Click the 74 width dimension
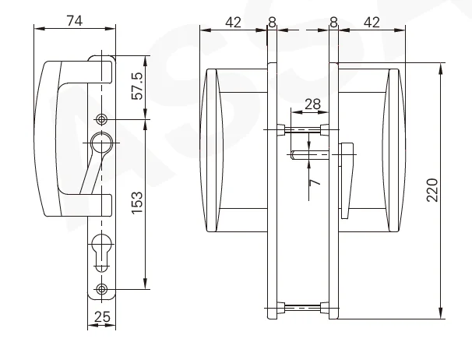point(74,21)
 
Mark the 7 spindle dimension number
point(315,182)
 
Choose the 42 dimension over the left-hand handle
point(232,22)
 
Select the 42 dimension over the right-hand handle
point(372,22)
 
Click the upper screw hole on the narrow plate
point(102,118)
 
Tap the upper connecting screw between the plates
point(303,128)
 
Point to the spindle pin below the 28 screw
point(308,154)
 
